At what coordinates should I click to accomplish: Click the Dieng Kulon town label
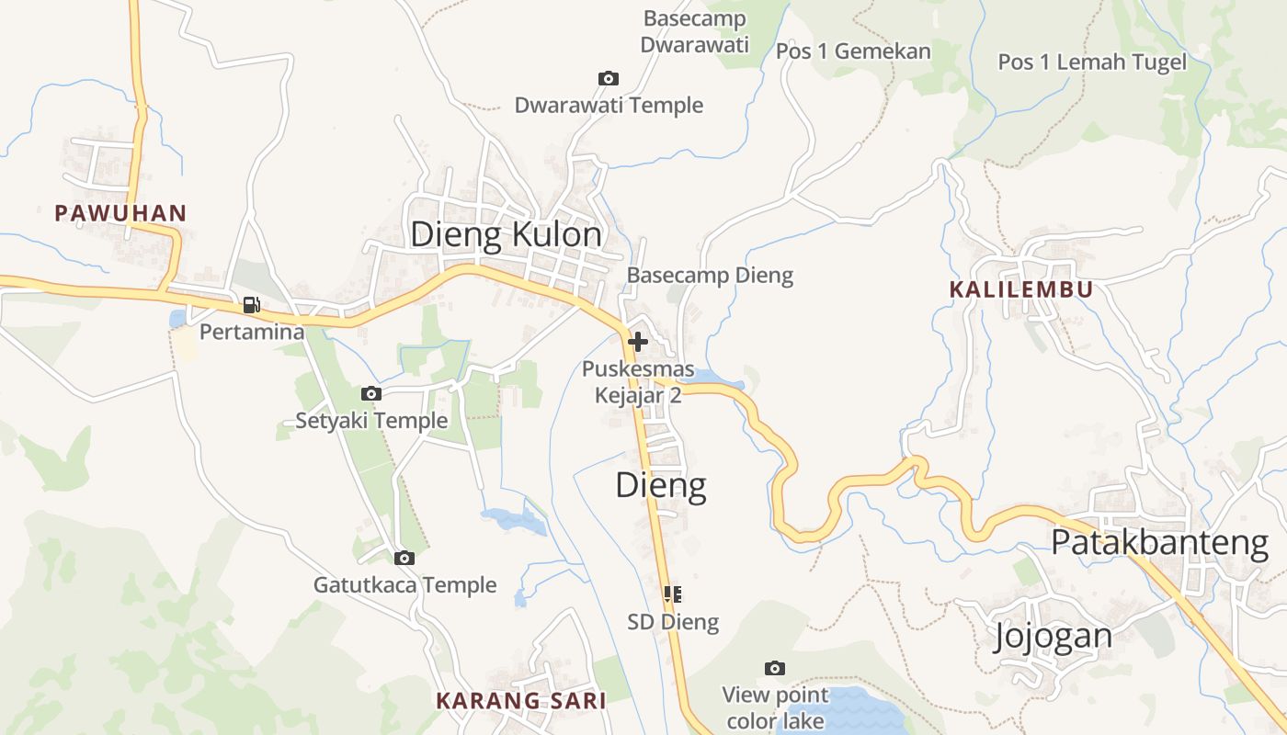pos(507,235)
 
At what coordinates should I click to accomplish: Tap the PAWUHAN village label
pos(120,214)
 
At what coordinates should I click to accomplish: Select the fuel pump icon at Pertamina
pos(251,305)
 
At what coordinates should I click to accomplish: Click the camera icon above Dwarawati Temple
pos(608,79)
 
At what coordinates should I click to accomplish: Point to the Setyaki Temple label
pos(371,421)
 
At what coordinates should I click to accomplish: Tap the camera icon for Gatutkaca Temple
pos(404,558)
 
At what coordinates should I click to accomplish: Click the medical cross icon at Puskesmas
pos(637,342)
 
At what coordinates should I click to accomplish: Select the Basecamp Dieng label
pos(710,275)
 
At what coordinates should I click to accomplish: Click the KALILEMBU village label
pos(1021,289)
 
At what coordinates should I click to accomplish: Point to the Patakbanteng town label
pos(1159,543)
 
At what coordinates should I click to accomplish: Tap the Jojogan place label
pos(1053,636)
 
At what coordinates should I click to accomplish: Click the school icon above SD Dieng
pos(672,594)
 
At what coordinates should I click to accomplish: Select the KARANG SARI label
pos(521,700)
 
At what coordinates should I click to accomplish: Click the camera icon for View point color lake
pos(775,668)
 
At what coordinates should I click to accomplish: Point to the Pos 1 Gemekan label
pos(853,51)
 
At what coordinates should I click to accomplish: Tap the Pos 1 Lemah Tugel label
pos(1092,62)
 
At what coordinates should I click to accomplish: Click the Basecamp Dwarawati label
pos(695,31)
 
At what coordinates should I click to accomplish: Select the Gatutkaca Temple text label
pos(404,585)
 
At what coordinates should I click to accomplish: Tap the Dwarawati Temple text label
pos(609,105)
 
